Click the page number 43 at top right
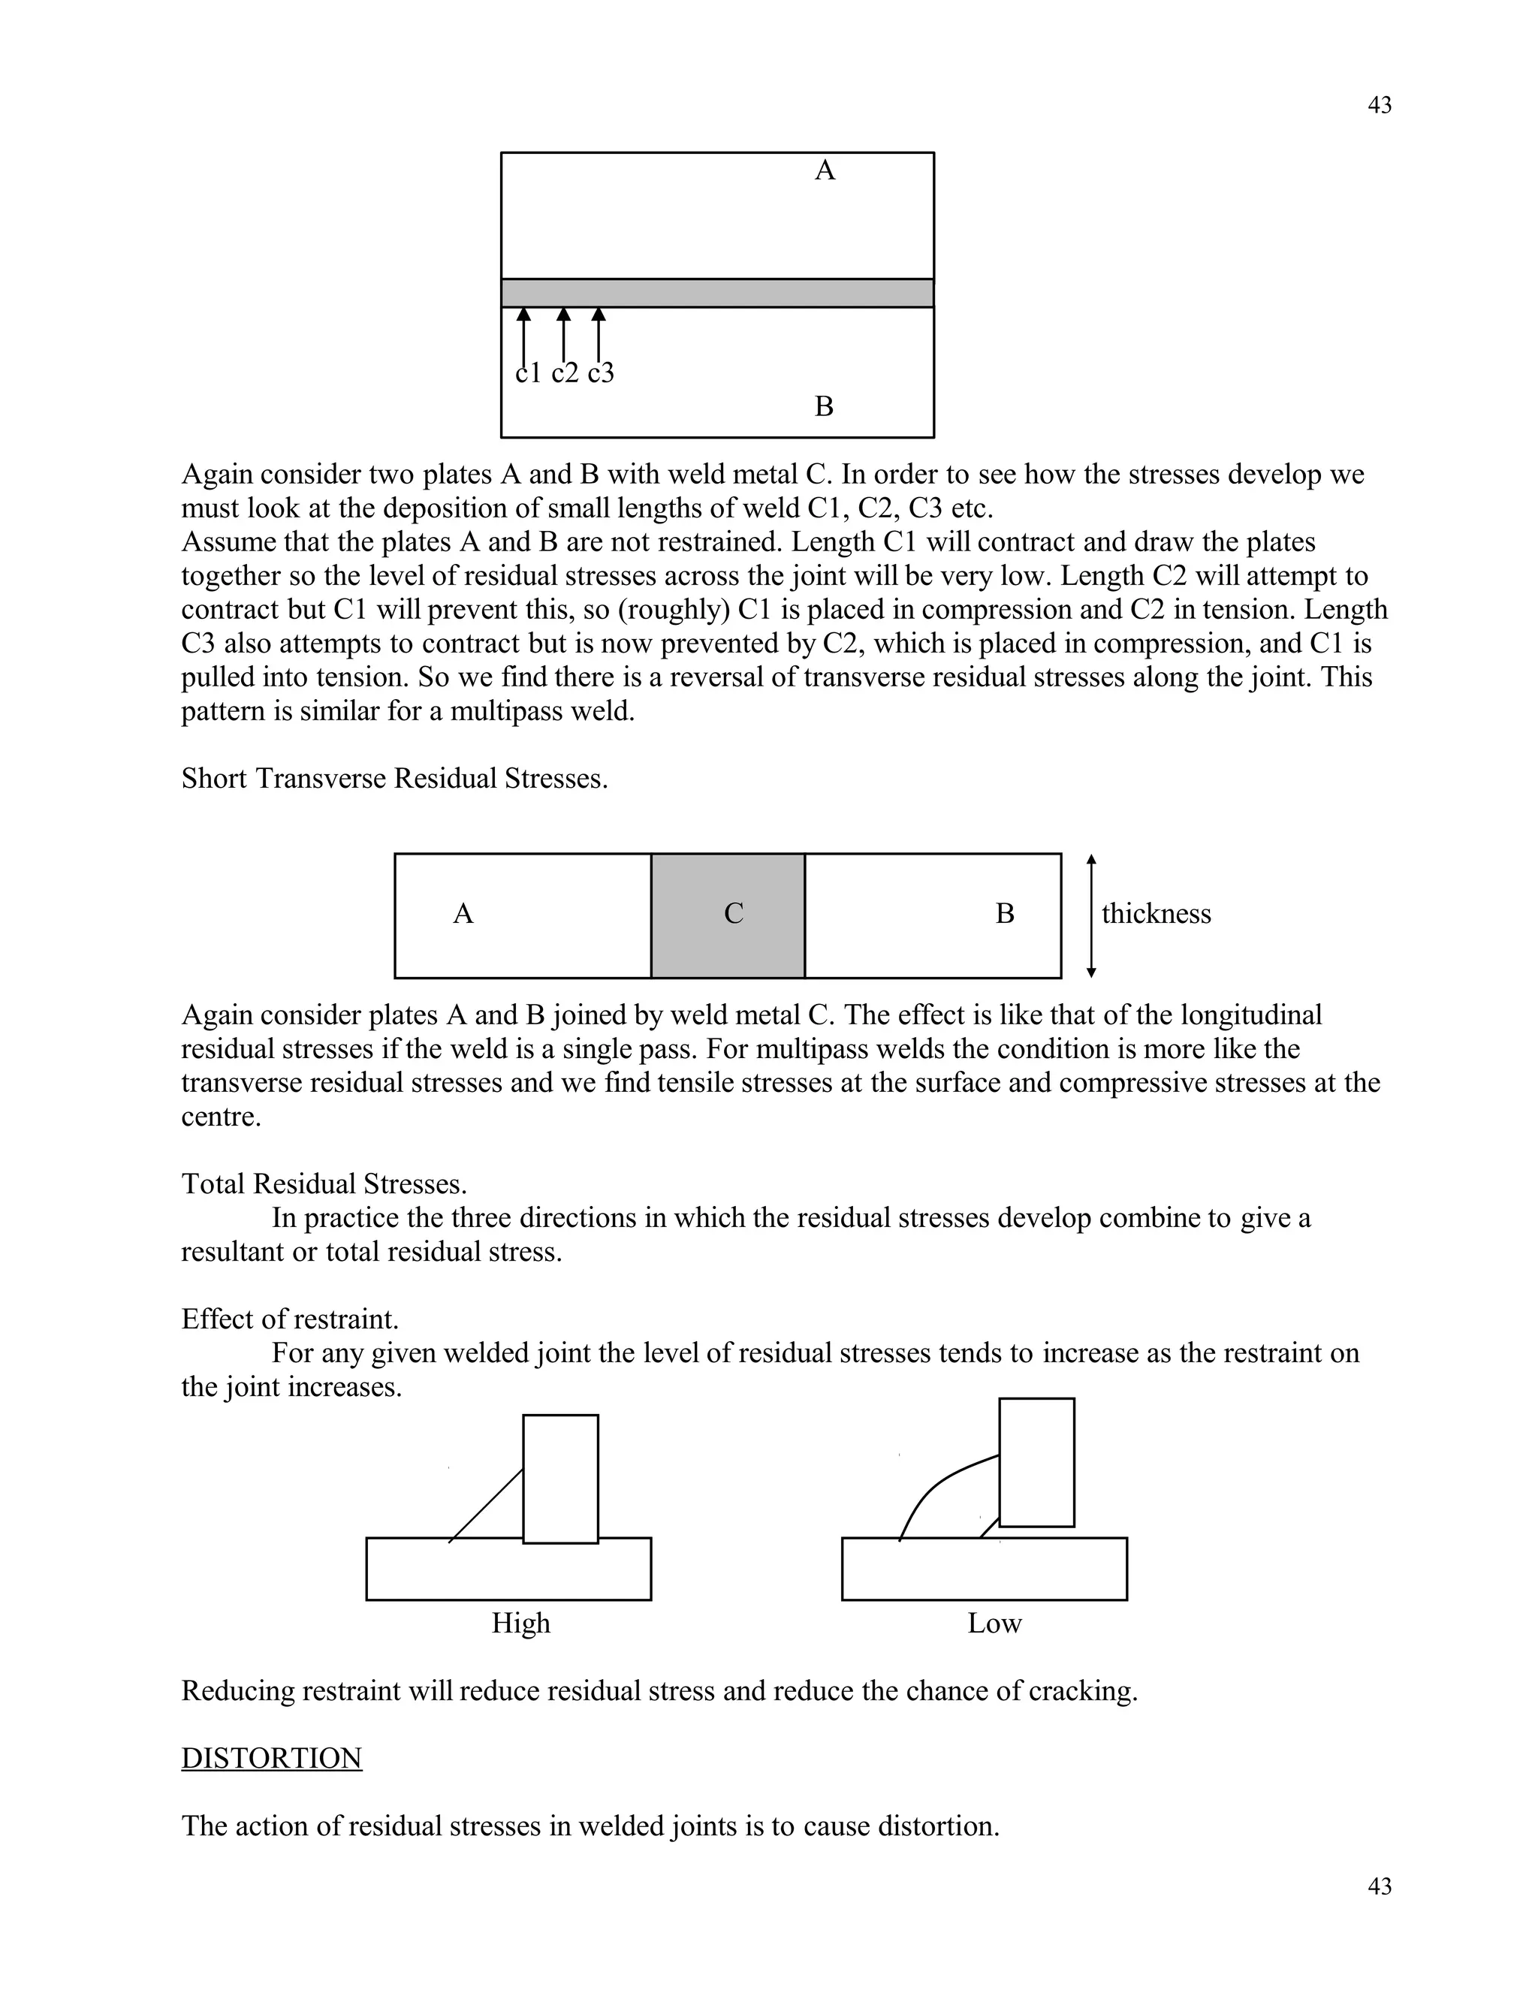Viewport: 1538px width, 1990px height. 1379,106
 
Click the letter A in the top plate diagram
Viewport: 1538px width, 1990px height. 824,170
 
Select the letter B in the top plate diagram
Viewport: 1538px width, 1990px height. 824,406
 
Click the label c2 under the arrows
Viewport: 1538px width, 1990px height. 565,372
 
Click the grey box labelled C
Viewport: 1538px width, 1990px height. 728,915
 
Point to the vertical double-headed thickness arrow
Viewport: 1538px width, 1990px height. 1091,915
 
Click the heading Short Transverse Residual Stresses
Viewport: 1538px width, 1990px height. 394,779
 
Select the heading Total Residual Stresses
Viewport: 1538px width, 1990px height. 324,1183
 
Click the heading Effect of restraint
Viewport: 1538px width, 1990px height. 290,1319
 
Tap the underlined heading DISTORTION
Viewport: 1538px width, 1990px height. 272,1758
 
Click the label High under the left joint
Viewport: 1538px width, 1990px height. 520,1623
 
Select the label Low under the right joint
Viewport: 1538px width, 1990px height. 994,1623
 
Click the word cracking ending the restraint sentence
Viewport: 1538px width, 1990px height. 1081,1691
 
